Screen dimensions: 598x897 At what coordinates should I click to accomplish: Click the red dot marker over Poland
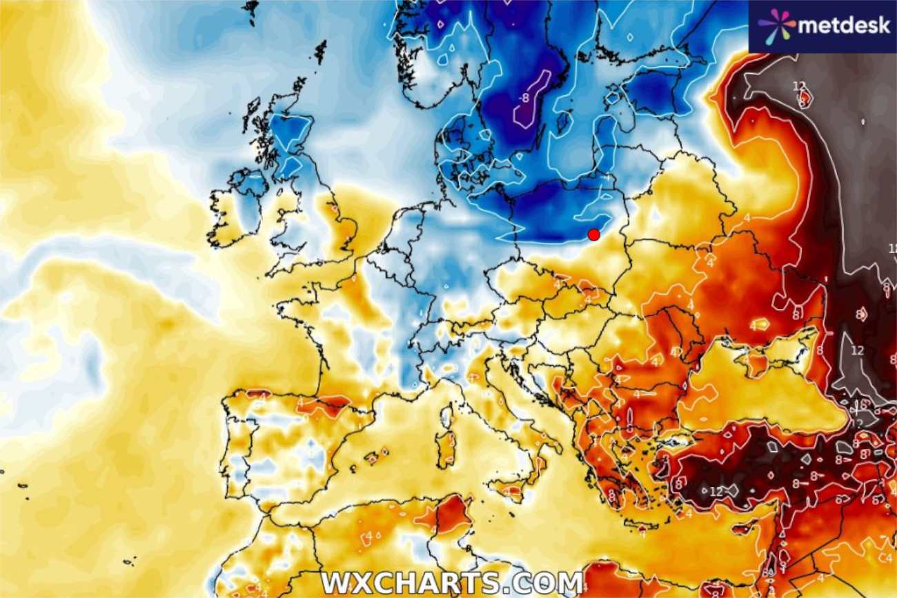(593, 235)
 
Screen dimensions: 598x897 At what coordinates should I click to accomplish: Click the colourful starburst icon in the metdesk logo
(776, 26)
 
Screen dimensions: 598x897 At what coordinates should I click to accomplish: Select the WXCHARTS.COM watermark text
(452, 583)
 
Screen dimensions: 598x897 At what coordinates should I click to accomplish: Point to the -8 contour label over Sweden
(525, 98)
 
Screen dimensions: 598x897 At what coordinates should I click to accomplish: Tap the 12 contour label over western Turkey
(716, 491)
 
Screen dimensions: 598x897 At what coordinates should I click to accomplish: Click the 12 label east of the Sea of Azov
(857, 351)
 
